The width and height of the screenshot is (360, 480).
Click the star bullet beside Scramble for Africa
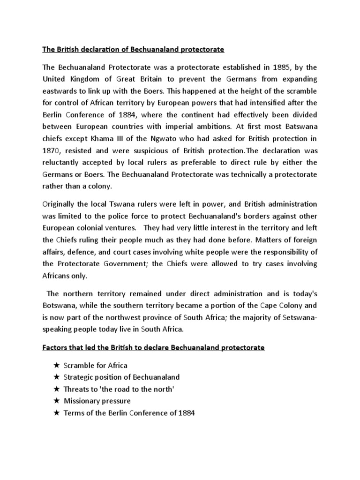coord(56,365)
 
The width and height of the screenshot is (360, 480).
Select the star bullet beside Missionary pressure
coord(56,401)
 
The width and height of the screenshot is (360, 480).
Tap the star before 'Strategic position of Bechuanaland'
coord(56,377)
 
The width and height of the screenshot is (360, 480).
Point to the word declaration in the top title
coord(101,49)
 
